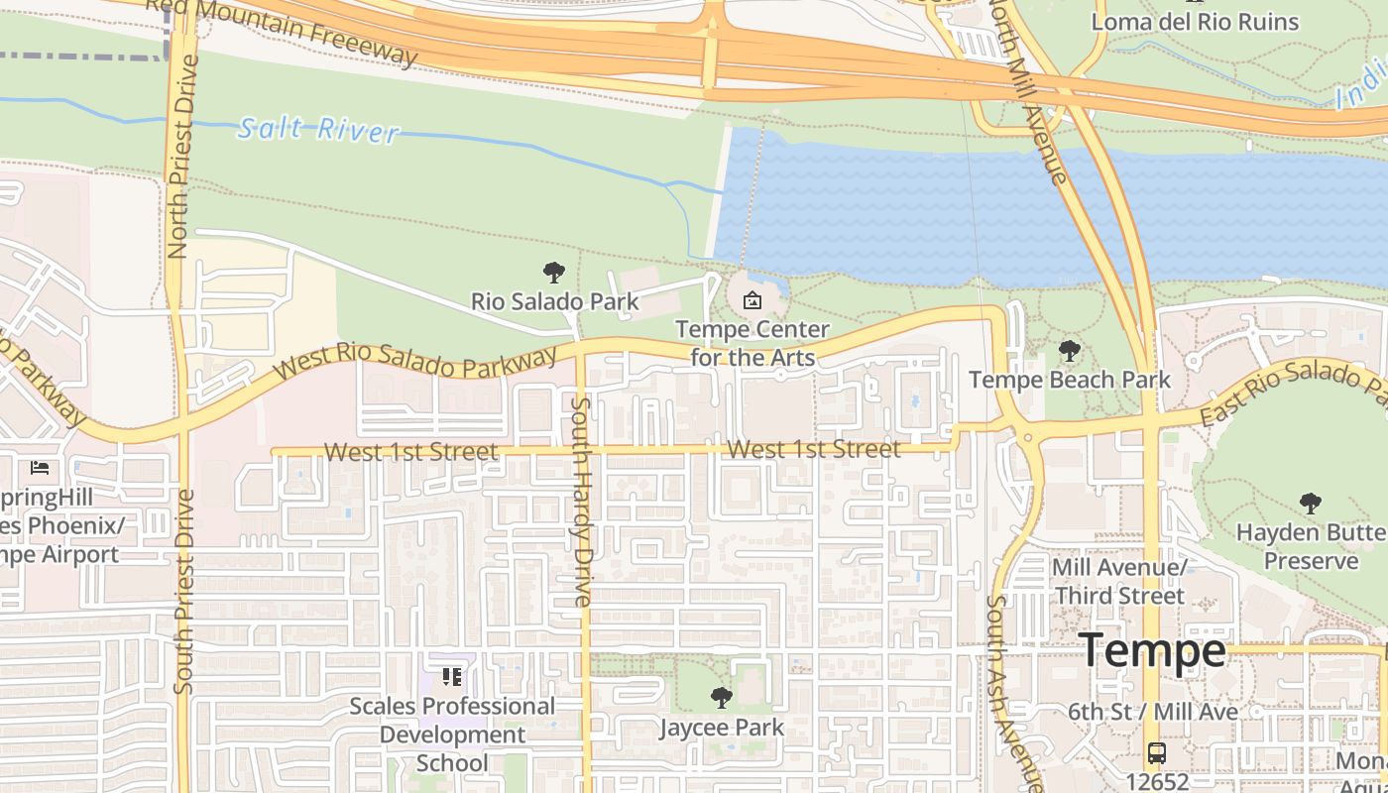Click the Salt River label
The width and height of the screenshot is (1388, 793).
point(319,129)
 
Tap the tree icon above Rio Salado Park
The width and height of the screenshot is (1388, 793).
point(554,273)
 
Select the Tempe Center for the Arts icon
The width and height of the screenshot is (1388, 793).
point(752,299)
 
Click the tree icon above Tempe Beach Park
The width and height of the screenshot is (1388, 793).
point(1069,351)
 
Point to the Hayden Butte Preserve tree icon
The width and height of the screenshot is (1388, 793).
point(1311,504)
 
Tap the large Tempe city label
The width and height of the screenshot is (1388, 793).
point(1152,651)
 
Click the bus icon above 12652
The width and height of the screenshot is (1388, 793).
point(1156,752)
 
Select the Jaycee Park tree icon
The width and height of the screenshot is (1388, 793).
point(722,698)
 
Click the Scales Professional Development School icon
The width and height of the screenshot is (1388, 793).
point(452,677)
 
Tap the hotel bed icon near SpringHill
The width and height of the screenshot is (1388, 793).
point(40,467)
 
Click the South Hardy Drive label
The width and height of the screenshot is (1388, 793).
point(582,501)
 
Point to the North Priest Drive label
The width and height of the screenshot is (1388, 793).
point(179,157)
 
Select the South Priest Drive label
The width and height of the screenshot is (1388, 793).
point(184,591)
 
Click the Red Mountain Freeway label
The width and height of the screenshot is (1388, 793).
point(283,30)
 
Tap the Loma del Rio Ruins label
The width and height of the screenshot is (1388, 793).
point(1195,22)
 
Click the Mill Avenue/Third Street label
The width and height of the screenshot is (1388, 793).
point(1119,582)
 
